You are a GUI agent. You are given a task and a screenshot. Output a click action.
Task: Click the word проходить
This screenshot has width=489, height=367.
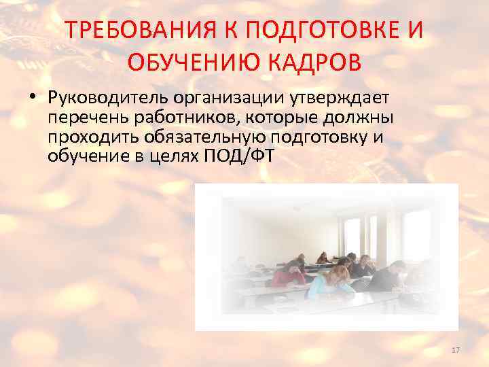click(92, 138)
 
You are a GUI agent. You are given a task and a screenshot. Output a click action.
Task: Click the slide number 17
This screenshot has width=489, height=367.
click(455, 350)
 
